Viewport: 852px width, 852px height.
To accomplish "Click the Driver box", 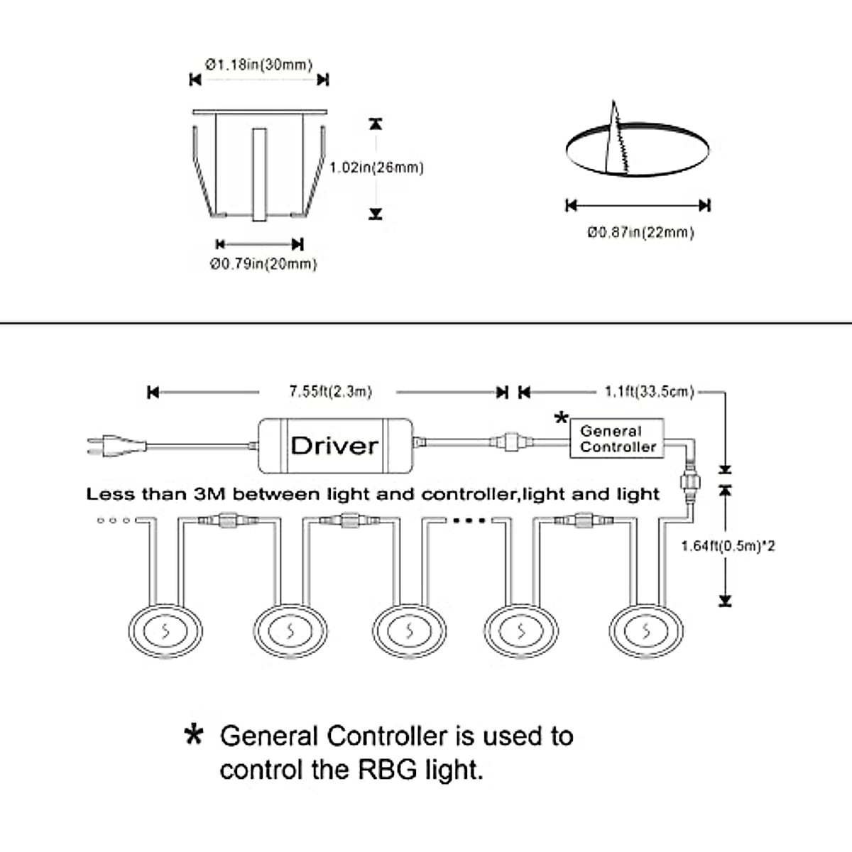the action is pos(335,445).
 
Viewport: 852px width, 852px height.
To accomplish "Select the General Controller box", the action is pos(617,438).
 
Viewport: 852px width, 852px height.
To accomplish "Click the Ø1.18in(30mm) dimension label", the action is pos(259,65).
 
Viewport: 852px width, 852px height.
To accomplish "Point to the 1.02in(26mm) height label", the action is pos(377,168).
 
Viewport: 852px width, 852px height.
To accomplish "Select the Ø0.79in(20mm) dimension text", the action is pos(263,264).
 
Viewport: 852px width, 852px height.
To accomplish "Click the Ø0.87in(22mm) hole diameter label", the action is pos(640,232).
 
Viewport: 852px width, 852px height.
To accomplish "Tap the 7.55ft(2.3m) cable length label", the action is pos(330,391).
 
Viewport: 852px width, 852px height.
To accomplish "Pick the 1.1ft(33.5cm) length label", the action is pos(650,391).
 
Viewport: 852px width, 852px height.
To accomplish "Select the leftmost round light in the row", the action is pos(165,631).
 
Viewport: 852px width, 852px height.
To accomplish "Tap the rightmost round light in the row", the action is pos(646,631).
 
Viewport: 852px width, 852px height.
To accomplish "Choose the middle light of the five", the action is pos(410,631).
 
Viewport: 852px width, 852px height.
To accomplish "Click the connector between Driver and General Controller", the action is pos(511,441).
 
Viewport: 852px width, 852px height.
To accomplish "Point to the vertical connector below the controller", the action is pos(690,483).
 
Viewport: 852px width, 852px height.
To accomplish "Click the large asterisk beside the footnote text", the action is pos(194,736).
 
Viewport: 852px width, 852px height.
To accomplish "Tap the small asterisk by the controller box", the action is pos(561,417).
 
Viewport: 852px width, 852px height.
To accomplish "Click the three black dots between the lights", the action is pos(469,520).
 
